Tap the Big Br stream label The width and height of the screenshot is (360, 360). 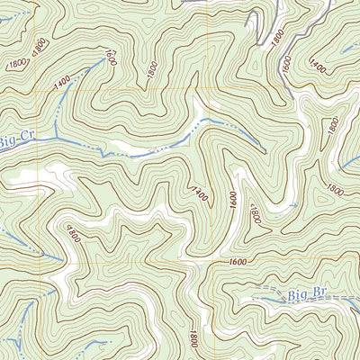pos(307,294)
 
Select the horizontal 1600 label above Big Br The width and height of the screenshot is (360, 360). pos(238,261)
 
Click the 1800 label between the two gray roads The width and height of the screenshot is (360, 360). pos(277,37)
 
